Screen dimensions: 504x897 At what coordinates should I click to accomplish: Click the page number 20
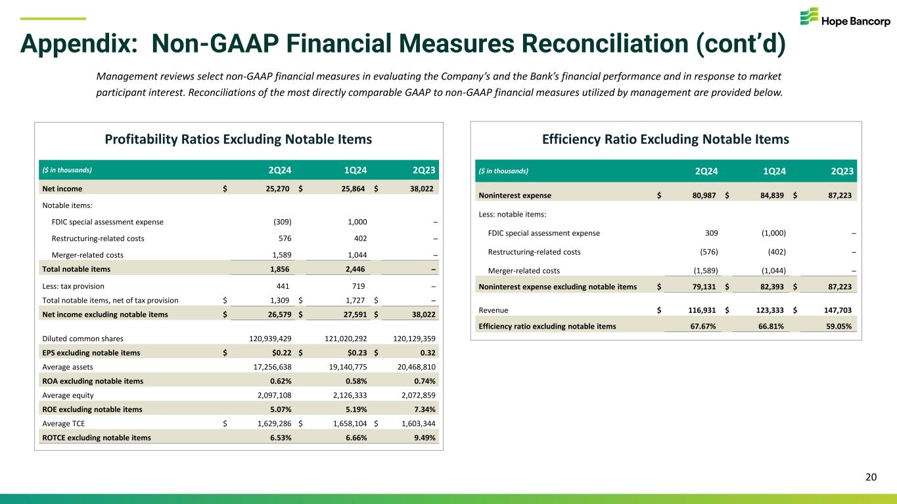tap(871, 478)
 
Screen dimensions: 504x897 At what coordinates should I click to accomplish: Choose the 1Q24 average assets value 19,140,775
tap(340, 367)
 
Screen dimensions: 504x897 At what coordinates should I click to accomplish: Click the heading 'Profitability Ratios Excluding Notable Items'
tap(239, 139)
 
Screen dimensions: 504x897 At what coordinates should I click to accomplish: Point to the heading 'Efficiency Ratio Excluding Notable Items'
tap(666, 139)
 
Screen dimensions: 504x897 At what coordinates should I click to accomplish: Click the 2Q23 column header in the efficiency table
tap(842, 171)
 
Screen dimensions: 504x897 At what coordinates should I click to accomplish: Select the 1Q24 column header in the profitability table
tap(355, 170)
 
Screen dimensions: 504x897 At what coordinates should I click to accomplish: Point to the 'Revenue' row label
tap(494, 310)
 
